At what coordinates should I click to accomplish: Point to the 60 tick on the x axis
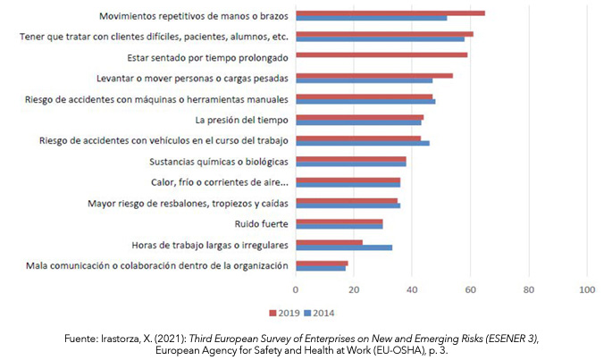coord(470,289)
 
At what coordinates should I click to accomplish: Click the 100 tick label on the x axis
coord(587,289)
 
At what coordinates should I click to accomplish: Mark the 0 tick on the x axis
coord(296,289)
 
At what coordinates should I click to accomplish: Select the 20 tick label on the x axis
coord(354,289)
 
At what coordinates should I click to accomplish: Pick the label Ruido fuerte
coord(261,223)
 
